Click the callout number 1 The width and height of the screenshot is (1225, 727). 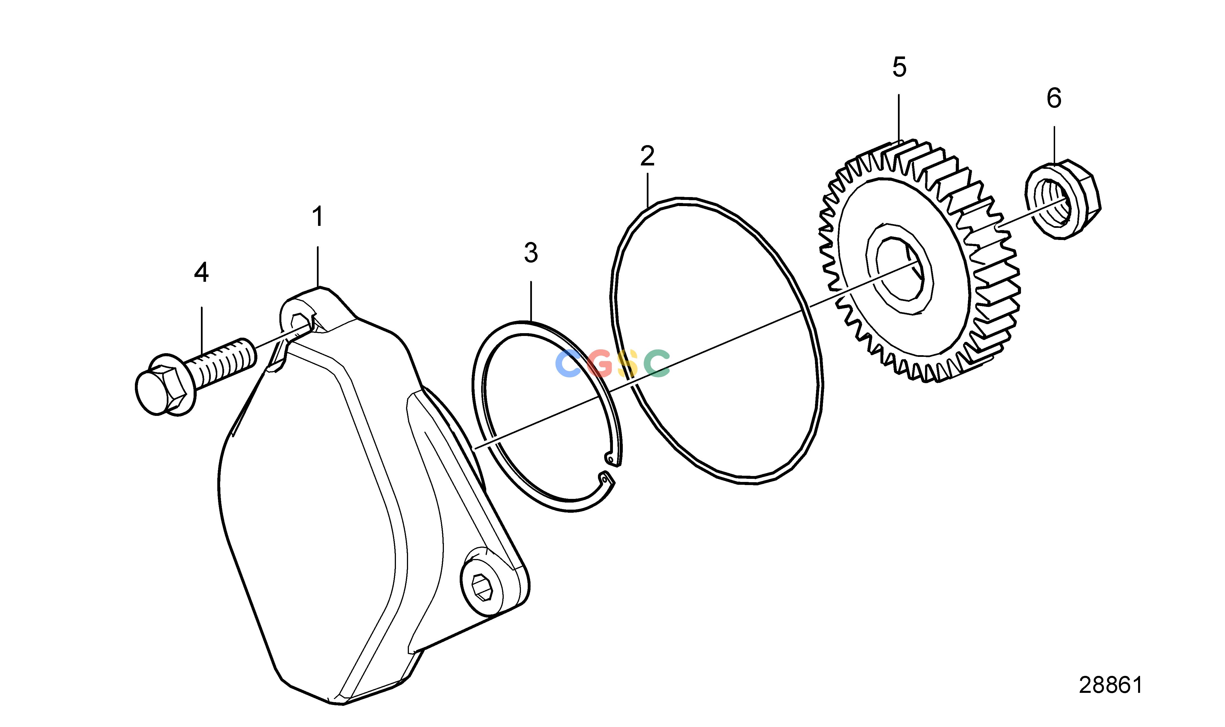coord(318,217)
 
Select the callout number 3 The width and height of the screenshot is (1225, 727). coord(531,253)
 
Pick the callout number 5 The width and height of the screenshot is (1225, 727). coord(899,67)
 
